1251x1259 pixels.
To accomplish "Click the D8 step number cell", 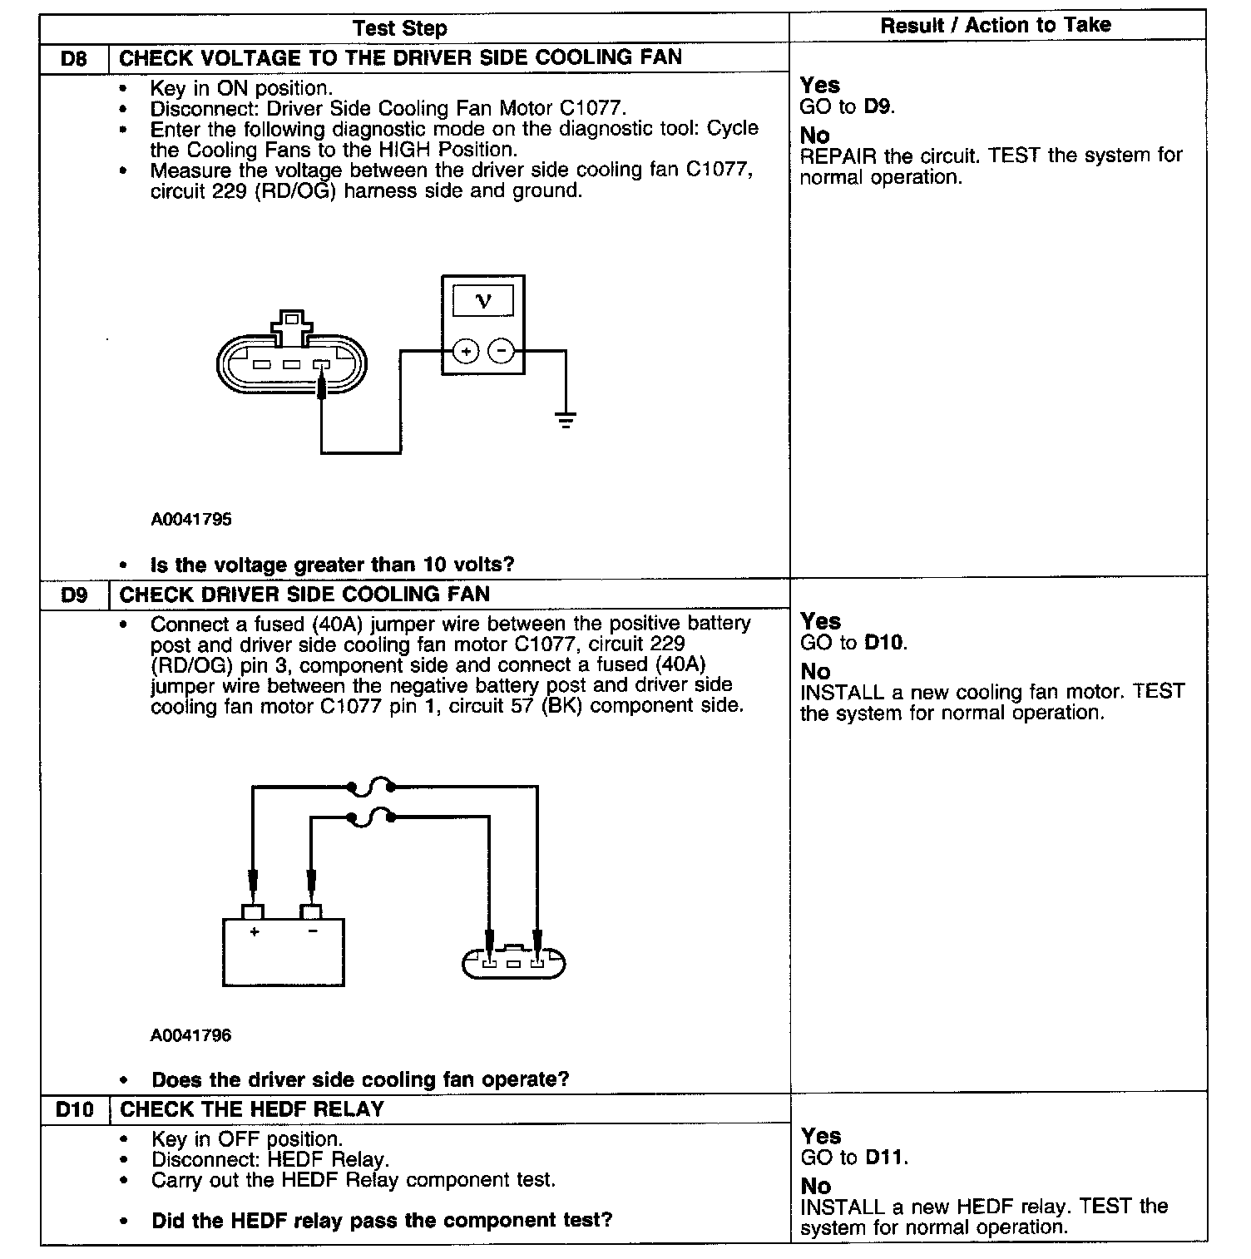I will click(x=74, y=59).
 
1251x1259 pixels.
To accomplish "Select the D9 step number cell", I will click(x=74, y=595).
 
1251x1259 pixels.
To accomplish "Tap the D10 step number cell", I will click(x=74, y=1110).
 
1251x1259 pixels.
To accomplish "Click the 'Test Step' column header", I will click(x=399, y=28).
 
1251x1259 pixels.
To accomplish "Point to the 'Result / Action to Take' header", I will click(x=996, y=25).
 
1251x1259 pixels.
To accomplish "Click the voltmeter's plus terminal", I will click(x=466, y=352).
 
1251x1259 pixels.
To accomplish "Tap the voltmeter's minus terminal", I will click(x=501, y=352).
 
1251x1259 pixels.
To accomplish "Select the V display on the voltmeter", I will click(x=482, y=301).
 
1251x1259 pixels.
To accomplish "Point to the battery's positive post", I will click(x=252, y=911).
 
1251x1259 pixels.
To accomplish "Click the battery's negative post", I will click(x=311, y=911).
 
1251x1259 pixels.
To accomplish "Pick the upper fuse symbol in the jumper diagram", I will click(x=371, y=786).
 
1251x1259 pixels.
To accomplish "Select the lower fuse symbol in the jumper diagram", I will click(x=371, y=818).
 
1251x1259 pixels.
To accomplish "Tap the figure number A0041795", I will click(x=191, y=520).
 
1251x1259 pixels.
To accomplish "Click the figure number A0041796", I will click(x=191, y=1035).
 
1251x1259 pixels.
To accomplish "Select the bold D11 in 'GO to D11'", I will click(x=885, y=1158).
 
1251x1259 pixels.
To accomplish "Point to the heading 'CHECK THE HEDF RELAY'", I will click(x=252, y=1110).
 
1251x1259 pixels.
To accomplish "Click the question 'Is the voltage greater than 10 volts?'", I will click(x=332, y=565).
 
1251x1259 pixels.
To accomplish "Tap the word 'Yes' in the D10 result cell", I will click(x=820, y=1136).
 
